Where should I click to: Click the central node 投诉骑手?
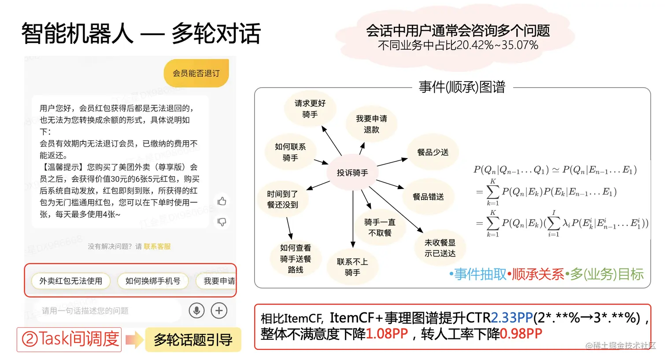(x=352, y=173)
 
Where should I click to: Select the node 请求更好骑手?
(x=310, y=109)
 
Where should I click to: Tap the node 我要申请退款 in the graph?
(x=371, y=124)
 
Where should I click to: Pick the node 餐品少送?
(x=433, y=152)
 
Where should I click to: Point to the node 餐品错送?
(x=428, y=197)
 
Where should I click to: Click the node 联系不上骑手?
(x=352, y=267)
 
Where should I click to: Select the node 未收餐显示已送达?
(x=440, y=248)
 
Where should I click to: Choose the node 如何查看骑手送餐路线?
(x=295, y=259)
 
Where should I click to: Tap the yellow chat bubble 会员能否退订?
(x=196, y=73)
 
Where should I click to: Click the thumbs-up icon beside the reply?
(x=222, y=201)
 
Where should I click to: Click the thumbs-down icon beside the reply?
(x=222, y=222)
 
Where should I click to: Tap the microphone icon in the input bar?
(x=196, y=311)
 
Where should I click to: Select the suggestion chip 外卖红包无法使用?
(x=71, y=281)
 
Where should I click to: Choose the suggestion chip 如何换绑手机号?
(x=152, y=281)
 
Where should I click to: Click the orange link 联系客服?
(x=157, y=246)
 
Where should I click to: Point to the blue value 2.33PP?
(x=511, y=318)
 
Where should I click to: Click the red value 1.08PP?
(x=387, y=334)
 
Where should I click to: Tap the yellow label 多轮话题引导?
(x=193, y=340)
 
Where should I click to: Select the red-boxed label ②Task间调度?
(x=70, y=339)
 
